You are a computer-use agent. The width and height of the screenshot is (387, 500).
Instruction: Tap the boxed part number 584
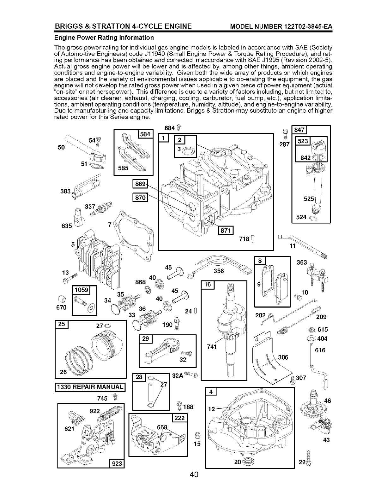coord(145,134)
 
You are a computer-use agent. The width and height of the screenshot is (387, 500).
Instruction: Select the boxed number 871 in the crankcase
coord(226,230)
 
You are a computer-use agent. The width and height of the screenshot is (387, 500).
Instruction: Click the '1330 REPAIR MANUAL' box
coord(90,387)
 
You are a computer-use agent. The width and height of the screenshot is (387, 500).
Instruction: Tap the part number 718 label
coord(244,239)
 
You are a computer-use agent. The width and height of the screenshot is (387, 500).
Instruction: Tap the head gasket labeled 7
coord(134,235)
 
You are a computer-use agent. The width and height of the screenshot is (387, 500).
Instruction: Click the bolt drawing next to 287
coord(285,135)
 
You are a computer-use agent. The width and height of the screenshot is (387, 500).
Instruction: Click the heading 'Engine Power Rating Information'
coord(104,38)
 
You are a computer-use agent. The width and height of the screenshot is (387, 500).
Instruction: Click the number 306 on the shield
coord(283,357)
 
